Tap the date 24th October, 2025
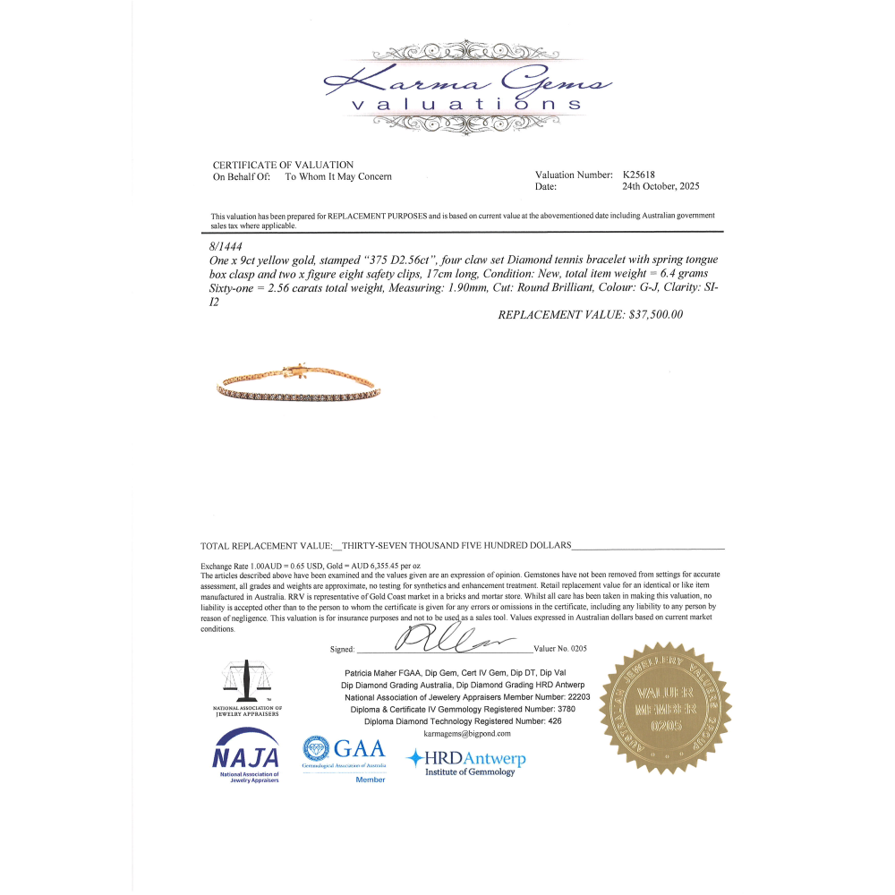(661, 187)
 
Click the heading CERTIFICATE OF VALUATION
(283, 165)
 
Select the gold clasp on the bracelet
(297, 370)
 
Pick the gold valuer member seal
(665, 707)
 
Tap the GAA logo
(344, 749)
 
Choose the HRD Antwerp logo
(466, 761)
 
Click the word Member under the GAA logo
(371, 780)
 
